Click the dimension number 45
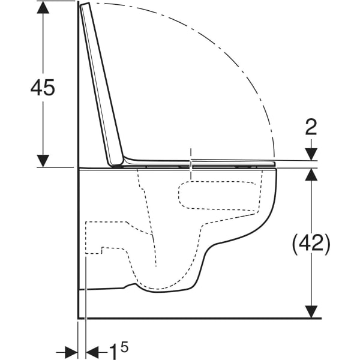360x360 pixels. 43,88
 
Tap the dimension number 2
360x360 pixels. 311,127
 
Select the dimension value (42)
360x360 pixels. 311,244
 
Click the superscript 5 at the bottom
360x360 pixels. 124,347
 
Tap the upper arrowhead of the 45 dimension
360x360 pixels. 43,7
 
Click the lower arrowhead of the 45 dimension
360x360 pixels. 43,161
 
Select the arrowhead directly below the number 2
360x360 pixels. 311,154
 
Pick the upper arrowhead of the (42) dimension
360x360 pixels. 311,174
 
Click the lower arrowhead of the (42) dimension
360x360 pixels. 311,312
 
